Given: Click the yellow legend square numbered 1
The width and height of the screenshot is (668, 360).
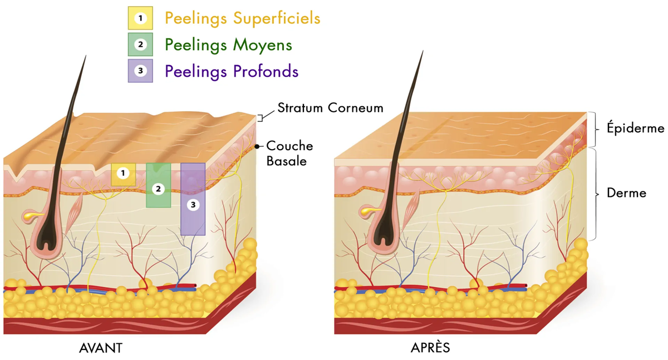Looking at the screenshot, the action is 140,18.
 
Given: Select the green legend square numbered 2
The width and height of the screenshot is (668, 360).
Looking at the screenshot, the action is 140,45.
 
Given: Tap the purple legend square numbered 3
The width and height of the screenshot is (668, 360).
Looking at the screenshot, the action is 140,71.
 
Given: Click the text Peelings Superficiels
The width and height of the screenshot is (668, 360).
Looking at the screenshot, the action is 243,18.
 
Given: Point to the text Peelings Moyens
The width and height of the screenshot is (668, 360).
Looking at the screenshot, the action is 228,45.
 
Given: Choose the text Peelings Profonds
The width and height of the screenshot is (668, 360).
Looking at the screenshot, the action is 232,72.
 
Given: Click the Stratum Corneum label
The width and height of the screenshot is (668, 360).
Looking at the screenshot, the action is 331,108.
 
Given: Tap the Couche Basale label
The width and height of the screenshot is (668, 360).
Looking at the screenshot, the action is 289,154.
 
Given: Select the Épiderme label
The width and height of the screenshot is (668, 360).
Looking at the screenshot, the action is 636,129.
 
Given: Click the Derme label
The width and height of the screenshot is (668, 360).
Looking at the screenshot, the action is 627,193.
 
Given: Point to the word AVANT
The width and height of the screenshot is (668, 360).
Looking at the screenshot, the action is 101,348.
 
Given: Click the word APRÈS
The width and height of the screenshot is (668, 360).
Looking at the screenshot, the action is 430,348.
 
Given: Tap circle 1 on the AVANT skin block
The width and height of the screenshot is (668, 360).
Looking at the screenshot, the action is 123,173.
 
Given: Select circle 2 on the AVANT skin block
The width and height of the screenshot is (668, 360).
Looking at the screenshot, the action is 158,189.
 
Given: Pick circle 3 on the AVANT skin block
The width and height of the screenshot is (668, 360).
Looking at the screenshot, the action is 193,205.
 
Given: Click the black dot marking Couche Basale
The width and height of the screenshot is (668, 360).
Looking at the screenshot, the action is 257,146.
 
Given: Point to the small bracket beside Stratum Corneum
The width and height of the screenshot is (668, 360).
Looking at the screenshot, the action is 260,118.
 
